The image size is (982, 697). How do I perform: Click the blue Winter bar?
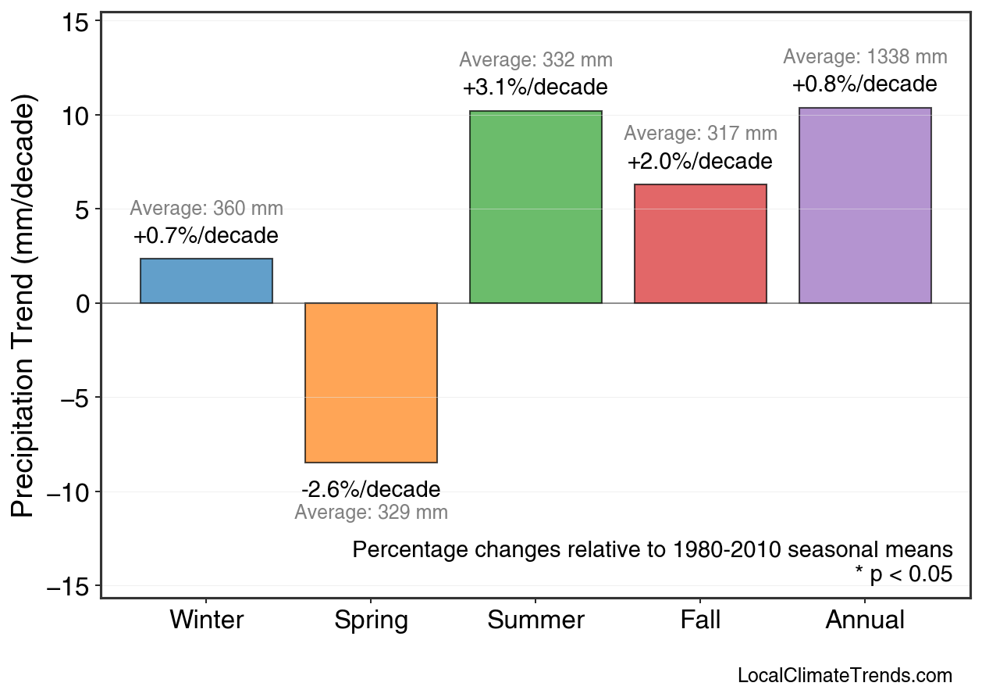tap(206, 281)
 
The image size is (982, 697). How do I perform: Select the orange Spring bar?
tap(371, 383)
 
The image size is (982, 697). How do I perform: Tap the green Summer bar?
tap(535, 207)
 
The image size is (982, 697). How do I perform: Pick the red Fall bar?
tap(700, 244)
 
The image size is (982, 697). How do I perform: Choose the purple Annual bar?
tap(865, 206)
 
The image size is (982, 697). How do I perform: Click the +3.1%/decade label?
tap(535, 86)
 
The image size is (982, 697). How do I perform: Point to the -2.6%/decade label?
tap(371, 490)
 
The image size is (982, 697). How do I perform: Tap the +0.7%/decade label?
tap(205, 235)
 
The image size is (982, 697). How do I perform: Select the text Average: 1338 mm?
tap(865, 57)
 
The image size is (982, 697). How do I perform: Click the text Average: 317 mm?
tap(700, 134)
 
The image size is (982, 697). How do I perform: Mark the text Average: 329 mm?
tap(371, 513)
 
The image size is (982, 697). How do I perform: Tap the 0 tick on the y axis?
tap(83, 303)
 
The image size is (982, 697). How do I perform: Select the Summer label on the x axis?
tap(535, 620)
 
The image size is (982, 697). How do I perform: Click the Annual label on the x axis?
tap(865, 620)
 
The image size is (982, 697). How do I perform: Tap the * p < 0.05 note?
tap(903, 574)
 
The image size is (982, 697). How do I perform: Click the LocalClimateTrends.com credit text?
tap(845, 676)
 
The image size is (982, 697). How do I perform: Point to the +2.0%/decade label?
tap(699, 162)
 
